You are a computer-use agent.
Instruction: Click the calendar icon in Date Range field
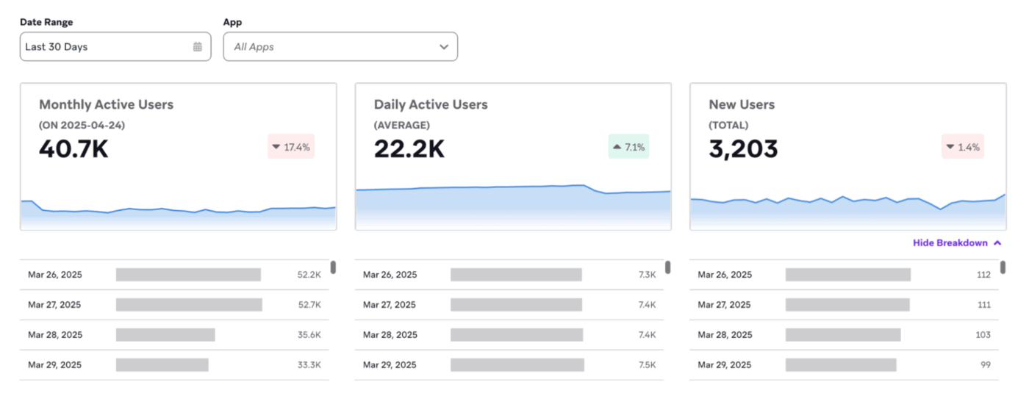[198, 47]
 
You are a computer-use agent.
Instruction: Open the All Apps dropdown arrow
[444, 47]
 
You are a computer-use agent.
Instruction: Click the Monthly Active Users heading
[106, 104]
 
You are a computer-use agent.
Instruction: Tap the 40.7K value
[73, 148]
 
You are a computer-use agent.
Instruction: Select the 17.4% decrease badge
[291, 147]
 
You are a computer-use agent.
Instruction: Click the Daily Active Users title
[430, 104]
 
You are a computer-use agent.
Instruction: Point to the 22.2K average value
[409, 148]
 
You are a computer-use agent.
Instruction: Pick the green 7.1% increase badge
[628, 147]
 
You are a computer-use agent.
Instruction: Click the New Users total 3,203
[743, 148]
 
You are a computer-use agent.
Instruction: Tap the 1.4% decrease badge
[963, 147]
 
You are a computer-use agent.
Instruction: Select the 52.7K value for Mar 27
[309, 305]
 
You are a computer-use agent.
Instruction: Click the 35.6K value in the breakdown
[309, 335]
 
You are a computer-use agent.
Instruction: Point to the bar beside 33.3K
[162, 365]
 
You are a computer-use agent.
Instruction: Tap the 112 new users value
[983, 275]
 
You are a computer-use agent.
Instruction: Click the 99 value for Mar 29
[985, 365]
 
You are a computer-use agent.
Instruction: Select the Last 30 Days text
[57, 47]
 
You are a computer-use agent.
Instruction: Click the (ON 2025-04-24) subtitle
[82, 126]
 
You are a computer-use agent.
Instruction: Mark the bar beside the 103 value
[842, 335]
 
